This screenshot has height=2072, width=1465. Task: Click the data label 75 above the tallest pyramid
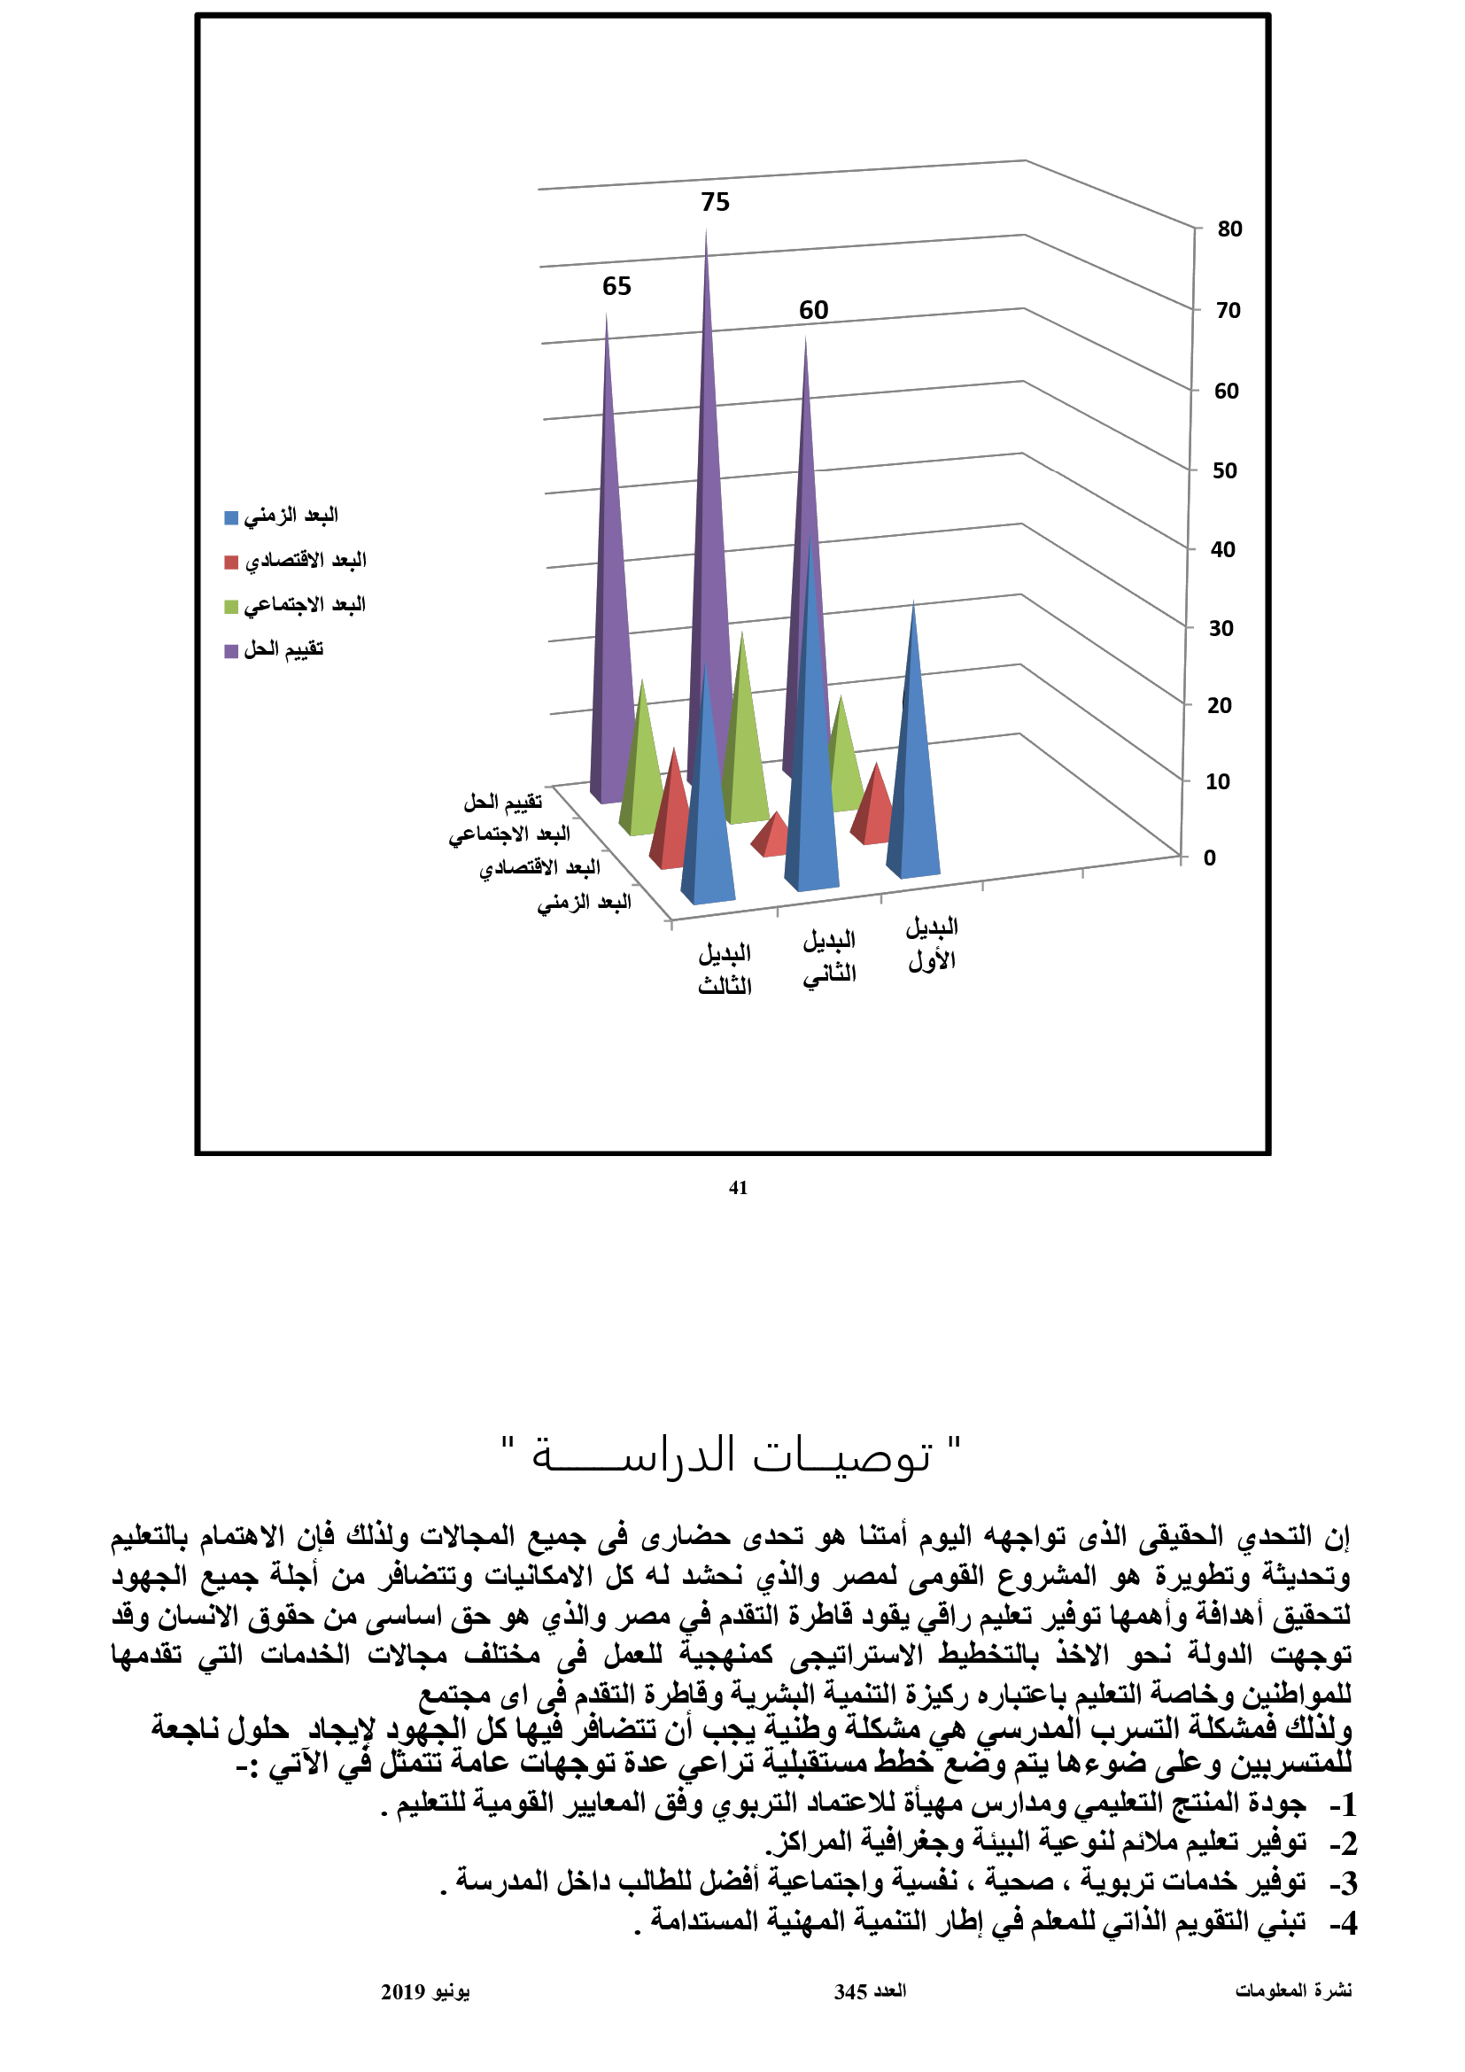[715, 202]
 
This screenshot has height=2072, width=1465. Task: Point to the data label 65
[616, 286]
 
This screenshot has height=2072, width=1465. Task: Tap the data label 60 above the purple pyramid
[813, 310]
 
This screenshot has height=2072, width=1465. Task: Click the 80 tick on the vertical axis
[1229, 229]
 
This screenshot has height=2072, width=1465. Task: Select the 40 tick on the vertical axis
[1222, 549]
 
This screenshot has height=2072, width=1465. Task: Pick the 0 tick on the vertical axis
[1209, 858]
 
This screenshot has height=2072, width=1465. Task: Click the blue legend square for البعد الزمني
[231, 518]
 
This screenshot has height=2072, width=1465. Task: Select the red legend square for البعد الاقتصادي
[231, 563]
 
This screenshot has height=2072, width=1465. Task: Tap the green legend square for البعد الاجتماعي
[231, 607]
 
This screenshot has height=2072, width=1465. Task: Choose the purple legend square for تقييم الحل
[231, 651]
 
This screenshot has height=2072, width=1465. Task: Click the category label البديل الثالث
[725, 969]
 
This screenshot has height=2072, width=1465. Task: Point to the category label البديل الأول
[932, 944]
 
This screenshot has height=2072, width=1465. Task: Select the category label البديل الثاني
[829, 957]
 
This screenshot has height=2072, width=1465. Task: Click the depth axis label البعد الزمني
[585, 903]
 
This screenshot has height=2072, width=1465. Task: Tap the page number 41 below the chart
[738, 1189]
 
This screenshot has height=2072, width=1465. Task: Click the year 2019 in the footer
[402, 1991]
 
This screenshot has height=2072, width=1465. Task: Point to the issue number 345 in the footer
[850, 1991]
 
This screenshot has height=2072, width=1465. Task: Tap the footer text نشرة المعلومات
[1292, 1991]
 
